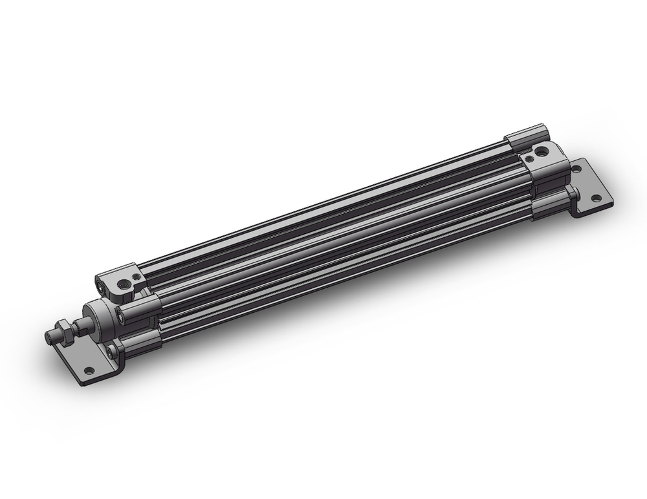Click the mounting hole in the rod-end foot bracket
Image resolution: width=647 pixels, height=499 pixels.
click(89, 370)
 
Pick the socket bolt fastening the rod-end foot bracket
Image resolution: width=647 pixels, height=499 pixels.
click(114, 352)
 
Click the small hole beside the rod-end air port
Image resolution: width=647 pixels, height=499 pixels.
click(135, 276)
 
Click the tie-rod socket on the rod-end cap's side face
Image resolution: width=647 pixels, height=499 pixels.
click(100, 282)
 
